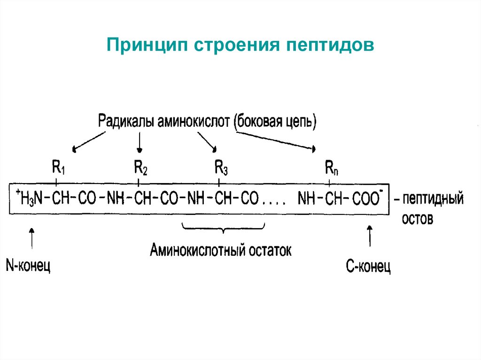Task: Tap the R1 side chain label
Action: pos(58,167)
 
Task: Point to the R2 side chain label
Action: pos(140,167)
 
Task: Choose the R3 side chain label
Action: pos(221,167)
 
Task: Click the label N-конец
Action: pos(28,266)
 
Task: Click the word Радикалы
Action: pos(126,122)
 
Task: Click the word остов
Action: pos(417,219)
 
